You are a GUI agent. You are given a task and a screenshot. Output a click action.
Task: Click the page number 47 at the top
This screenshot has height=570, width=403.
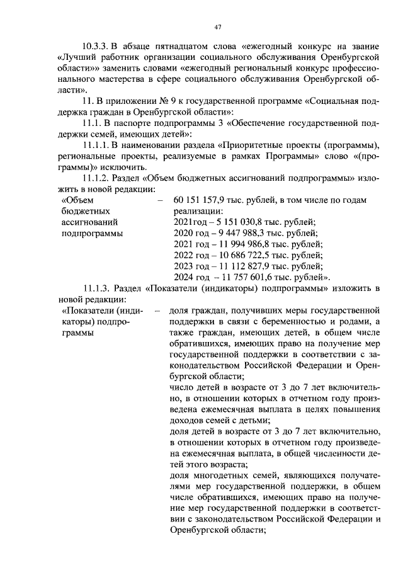pyautogui.click(x=217, y=26)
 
